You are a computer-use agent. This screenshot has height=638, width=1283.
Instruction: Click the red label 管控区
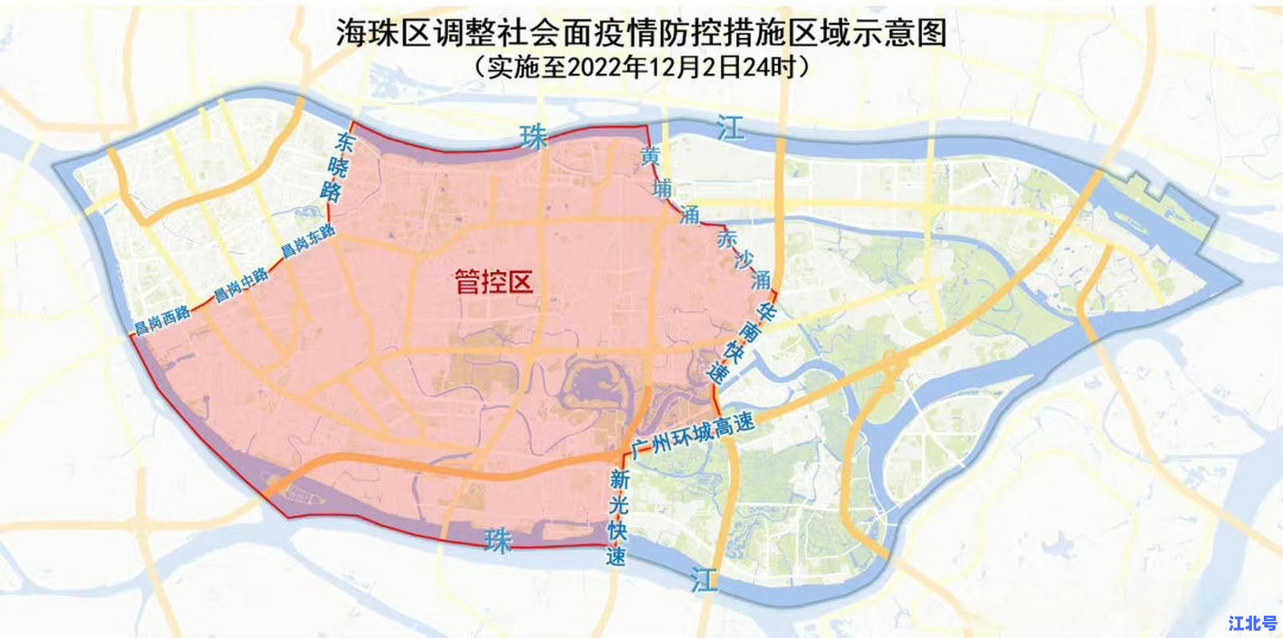pyautogui.click(x=493, y=281)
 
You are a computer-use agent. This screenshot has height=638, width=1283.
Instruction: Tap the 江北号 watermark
pyautogui.click(x=1253, y=622)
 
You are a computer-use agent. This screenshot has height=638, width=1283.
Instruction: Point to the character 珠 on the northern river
pyautogui.click(x=533, y=137)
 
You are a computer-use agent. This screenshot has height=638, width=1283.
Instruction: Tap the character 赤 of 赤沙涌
pyautogui.click(x=726, y=238)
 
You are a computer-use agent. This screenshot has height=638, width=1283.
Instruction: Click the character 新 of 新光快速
pyautogui.click(x=620, y=481)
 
